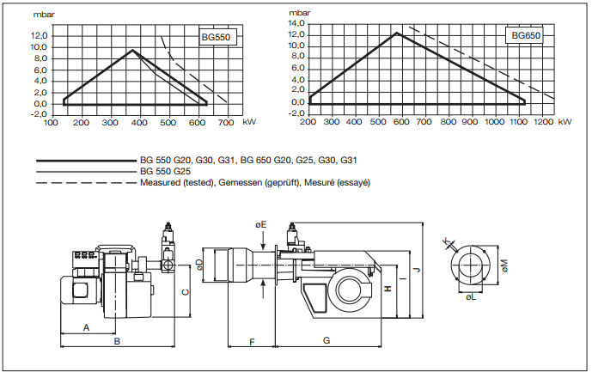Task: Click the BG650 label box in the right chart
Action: [x=525, y=35]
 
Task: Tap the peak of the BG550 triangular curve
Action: [x=132, y=51]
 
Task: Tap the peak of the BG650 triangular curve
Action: [x=396, y=33]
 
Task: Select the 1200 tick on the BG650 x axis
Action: [x=541, y=122]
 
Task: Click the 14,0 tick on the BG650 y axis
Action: [x=297, y=22]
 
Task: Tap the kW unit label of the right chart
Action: [x=564, y=122]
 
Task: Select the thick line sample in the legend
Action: [x=86, y=161]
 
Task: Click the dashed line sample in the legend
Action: [x=86, y=183]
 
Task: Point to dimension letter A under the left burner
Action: [x=87, y=328]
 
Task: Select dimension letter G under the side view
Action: [x=327, y=341]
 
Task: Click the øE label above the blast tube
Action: [x=261, y=223]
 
